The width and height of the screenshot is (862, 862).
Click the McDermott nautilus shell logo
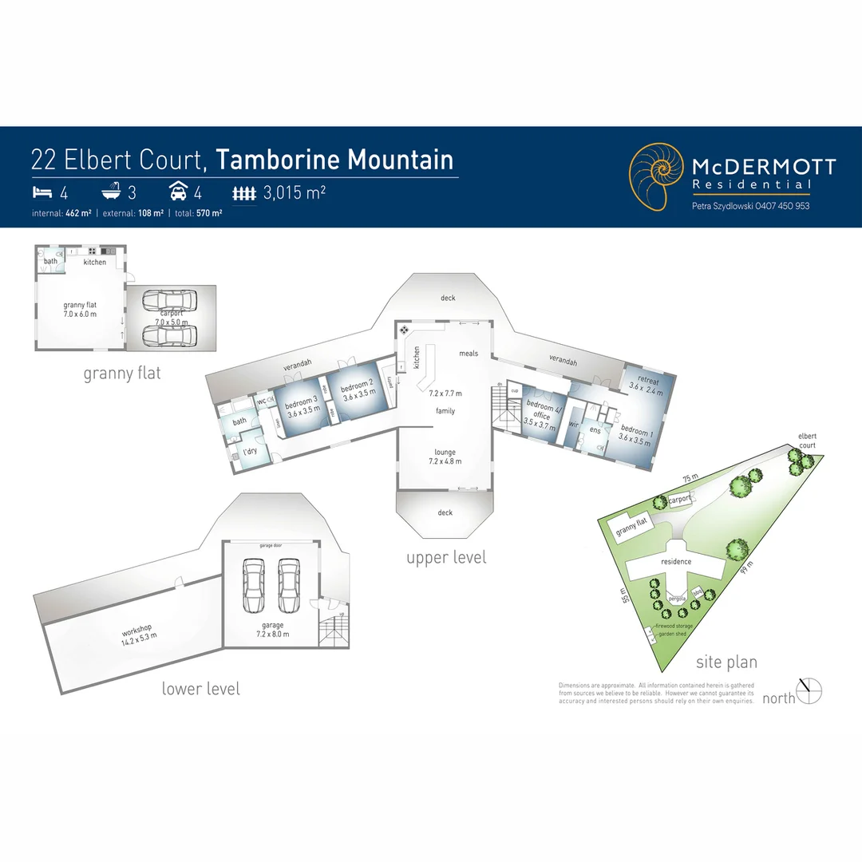click(656, 176)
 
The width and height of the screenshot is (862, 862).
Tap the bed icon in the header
click(42, 192)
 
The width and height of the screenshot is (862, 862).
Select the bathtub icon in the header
click(112, 192)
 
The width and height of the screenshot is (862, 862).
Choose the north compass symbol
click(809, 690)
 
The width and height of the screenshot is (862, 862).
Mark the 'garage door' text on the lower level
click(271, 546)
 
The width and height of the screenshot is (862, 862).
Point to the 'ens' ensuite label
click(595, 430)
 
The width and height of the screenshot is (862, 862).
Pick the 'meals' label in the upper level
click(469, 353)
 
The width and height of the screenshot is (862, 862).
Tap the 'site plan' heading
click(726, 662)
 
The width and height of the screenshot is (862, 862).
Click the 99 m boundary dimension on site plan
click(746, 567)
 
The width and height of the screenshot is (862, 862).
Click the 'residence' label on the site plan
click(676, 561)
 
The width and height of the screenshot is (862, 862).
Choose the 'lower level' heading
click(200, 688)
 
